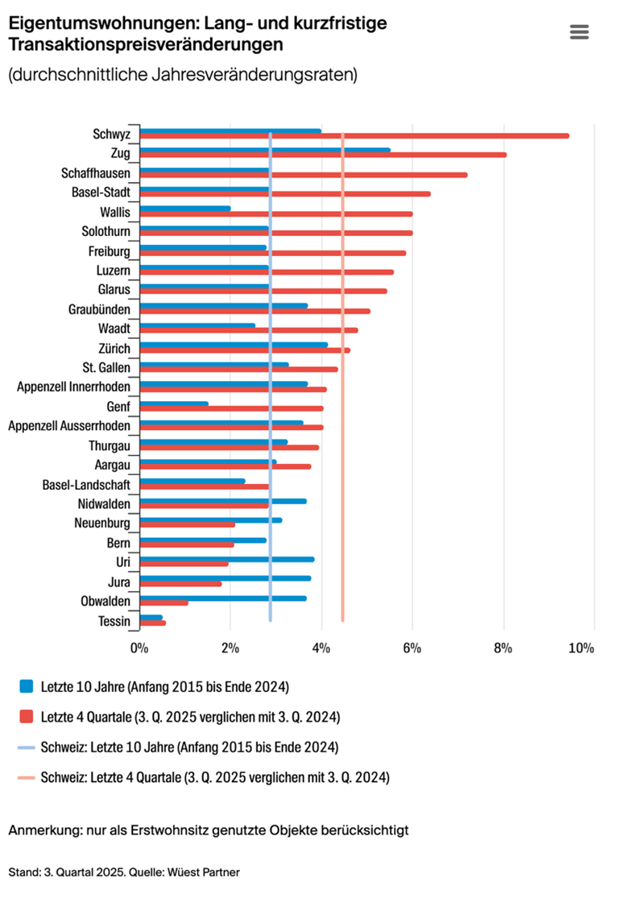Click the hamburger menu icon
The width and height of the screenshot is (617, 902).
579,32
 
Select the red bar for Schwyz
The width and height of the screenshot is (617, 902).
354,136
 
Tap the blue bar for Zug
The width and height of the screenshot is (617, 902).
265,150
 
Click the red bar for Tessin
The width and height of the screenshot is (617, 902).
153,623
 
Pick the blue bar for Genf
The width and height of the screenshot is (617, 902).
174,403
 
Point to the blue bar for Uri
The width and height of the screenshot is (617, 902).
227,559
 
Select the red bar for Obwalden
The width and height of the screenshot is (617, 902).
164,603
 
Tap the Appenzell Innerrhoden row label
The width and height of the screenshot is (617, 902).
73,387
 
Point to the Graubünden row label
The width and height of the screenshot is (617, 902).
101,308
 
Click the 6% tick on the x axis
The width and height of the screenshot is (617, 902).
413,648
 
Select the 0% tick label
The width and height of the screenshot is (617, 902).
139,648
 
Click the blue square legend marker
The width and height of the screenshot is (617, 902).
27,686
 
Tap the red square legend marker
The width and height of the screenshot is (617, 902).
27,717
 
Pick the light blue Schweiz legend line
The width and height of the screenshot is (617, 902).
27,747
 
